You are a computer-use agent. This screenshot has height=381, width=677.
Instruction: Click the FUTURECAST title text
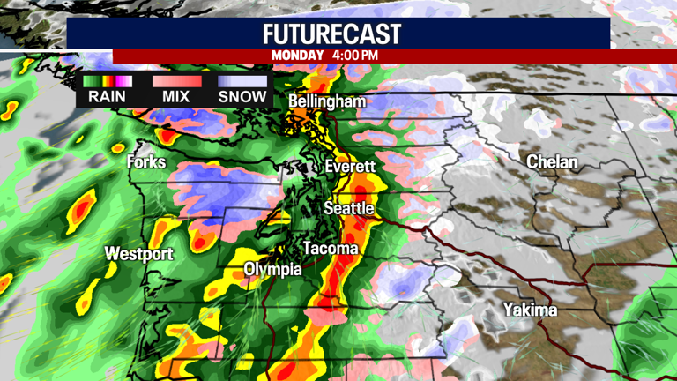tap(331, 34)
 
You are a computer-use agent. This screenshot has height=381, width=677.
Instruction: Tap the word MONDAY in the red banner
tap(298, 56)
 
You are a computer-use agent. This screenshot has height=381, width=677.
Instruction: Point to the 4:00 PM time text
tap(355, 56)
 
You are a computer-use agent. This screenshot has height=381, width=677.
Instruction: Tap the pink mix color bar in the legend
tap(175, 82)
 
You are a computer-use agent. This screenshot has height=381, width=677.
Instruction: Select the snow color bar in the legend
tap(242, 82)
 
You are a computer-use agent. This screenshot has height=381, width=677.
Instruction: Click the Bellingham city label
tap(327, 102)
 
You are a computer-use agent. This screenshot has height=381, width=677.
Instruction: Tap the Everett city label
tap(350, 167)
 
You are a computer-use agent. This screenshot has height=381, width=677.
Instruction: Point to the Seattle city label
tap(349, 209)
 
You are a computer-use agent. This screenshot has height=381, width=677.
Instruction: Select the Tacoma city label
tap(331, 249)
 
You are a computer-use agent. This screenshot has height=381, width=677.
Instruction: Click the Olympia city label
tap(272, 269)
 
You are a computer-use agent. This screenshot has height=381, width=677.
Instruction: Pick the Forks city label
tap(146, 162)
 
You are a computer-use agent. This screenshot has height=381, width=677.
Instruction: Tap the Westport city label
tap(139, 254)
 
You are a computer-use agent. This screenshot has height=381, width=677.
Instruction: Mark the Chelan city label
tap(552, 162)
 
